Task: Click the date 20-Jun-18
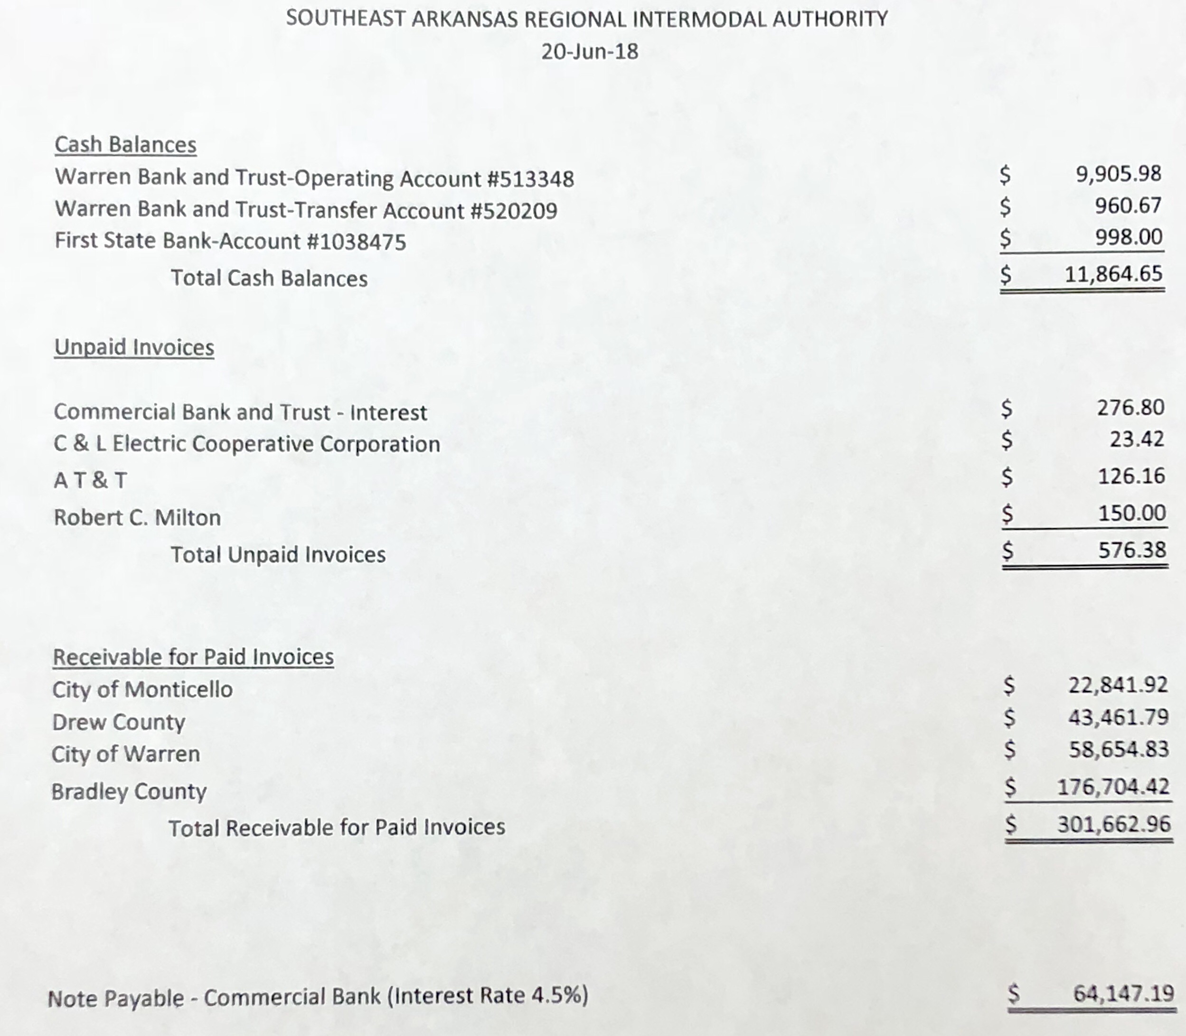click(589, 51)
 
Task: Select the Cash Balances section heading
click(125, 145)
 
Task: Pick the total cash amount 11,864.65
click(1113, 274)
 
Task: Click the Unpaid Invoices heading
click(134, 347)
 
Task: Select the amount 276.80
click(1130, 408)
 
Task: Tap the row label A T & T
click(90, 480)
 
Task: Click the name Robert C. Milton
click(137, 517)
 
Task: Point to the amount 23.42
click(1136, 439)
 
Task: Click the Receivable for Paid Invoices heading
click(193, 657)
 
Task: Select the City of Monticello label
click(142, 689)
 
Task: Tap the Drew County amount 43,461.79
click(1118, 718)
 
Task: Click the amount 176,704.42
click(1113, 787)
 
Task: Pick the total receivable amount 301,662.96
click(1114, 824)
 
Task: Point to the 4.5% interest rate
click(555, 996)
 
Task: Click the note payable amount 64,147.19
click(1123, 994)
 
